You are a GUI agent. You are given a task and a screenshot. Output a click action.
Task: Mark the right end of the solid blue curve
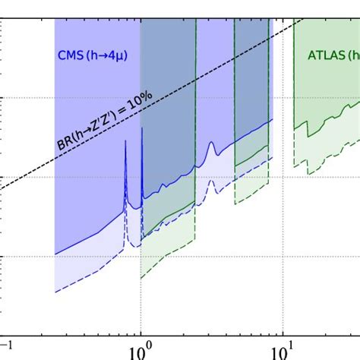pos(272,119)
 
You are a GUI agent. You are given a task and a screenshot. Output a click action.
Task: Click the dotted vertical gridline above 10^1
pos(283,228)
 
